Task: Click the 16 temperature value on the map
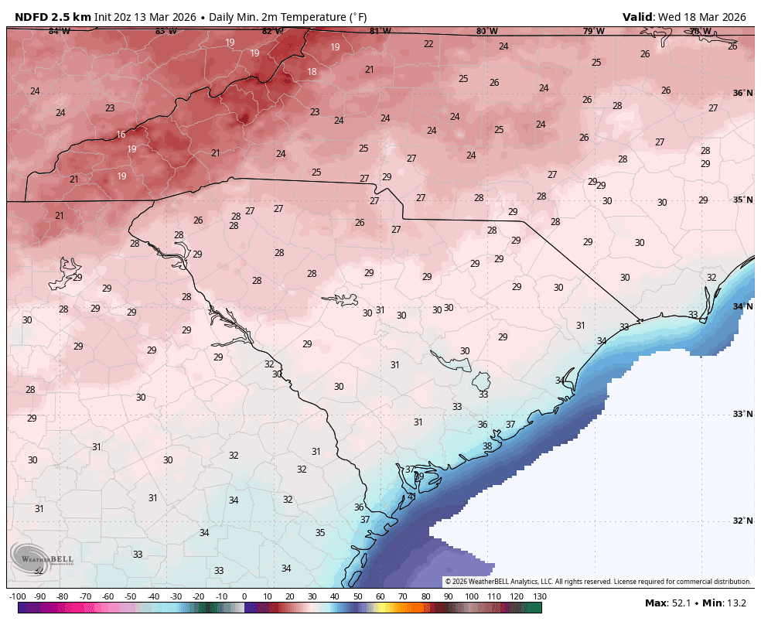[121, 135]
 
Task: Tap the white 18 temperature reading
[312, 72]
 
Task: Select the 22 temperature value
[428, 44]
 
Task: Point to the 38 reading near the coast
[487, 446]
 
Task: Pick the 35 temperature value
[320, 533]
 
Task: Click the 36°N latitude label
[742, 93]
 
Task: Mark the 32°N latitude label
[742, 521]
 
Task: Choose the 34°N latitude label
[742, 306]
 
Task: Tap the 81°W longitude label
[380, 32]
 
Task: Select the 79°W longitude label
[593, 32]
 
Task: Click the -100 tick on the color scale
[18, 596]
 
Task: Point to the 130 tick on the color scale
[540, 596]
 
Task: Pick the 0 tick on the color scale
[244, 596]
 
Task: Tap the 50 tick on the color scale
[358, 596]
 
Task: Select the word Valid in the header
[639, 17]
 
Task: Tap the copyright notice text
[597, 582]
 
